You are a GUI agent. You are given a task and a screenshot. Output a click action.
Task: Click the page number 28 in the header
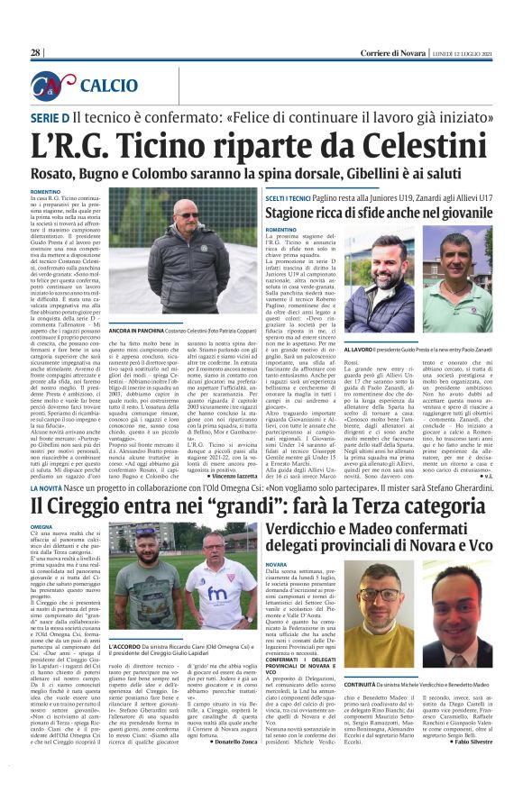click(36, 52)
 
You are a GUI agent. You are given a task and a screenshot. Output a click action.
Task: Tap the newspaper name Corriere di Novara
click(393, 52)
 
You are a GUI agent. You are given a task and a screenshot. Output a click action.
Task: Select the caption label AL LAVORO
click(361, 345)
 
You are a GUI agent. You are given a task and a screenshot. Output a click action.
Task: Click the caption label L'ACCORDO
click(126, 646)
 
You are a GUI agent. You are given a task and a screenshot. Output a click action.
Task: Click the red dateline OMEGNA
click(43, 525)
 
